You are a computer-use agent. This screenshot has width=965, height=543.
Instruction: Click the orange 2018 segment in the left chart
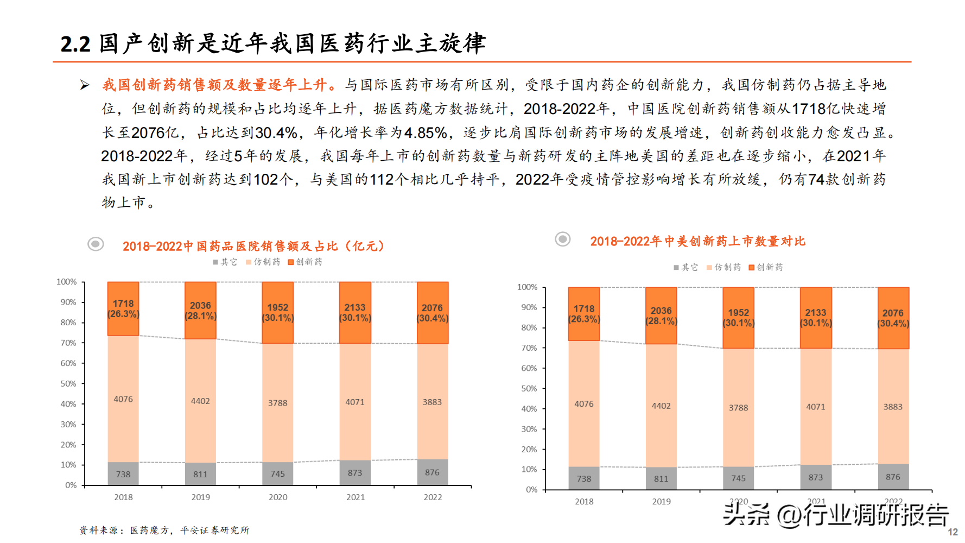[x=123, y=308]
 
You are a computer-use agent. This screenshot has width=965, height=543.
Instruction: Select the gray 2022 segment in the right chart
[x=893, y=477]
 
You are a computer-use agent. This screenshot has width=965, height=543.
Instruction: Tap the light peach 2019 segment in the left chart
[x=200, y=401]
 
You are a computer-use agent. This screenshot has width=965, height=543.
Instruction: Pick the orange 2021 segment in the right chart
[x=816, y=318]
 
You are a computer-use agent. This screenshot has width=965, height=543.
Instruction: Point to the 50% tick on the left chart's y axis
[x=68, y=383]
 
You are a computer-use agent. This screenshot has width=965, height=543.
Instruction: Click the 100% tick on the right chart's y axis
[x=527, y=287]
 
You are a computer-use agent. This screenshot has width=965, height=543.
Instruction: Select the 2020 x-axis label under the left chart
[x=278, y=497]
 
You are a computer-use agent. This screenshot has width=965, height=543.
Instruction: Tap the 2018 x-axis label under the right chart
[x=584, y=502]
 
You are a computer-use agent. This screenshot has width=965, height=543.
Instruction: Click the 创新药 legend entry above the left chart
[x=305, y=262]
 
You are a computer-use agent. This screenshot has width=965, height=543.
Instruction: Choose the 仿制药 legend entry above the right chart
[x=723, y=267]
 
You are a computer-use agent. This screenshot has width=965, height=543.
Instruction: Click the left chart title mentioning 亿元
[x=253, y=246]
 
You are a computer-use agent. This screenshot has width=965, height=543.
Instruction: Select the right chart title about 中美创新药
[x=697, y=241]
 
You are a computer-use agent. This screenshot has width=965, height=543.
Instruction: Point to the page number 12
[x=953, y=532]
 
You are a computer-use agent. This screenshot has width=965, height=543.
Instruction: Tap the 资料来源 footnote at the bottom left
[x=164, y=530]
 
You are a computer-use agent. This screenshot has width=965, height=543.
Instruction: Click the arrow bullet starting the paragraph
[x=85, y=85]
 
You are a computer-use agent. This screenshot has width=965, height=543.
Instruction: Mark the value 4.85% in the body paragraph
[x=426, y=132]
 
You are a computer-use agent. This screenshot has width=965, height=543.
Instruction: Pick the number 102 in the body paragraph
[x=266, y=179]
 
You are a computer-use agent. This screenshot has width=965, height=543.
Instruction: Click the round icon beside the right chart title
[x=563, y=239]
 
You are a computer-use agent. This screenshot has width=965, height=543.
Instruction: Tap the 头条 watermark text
[x=746, y=514]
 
